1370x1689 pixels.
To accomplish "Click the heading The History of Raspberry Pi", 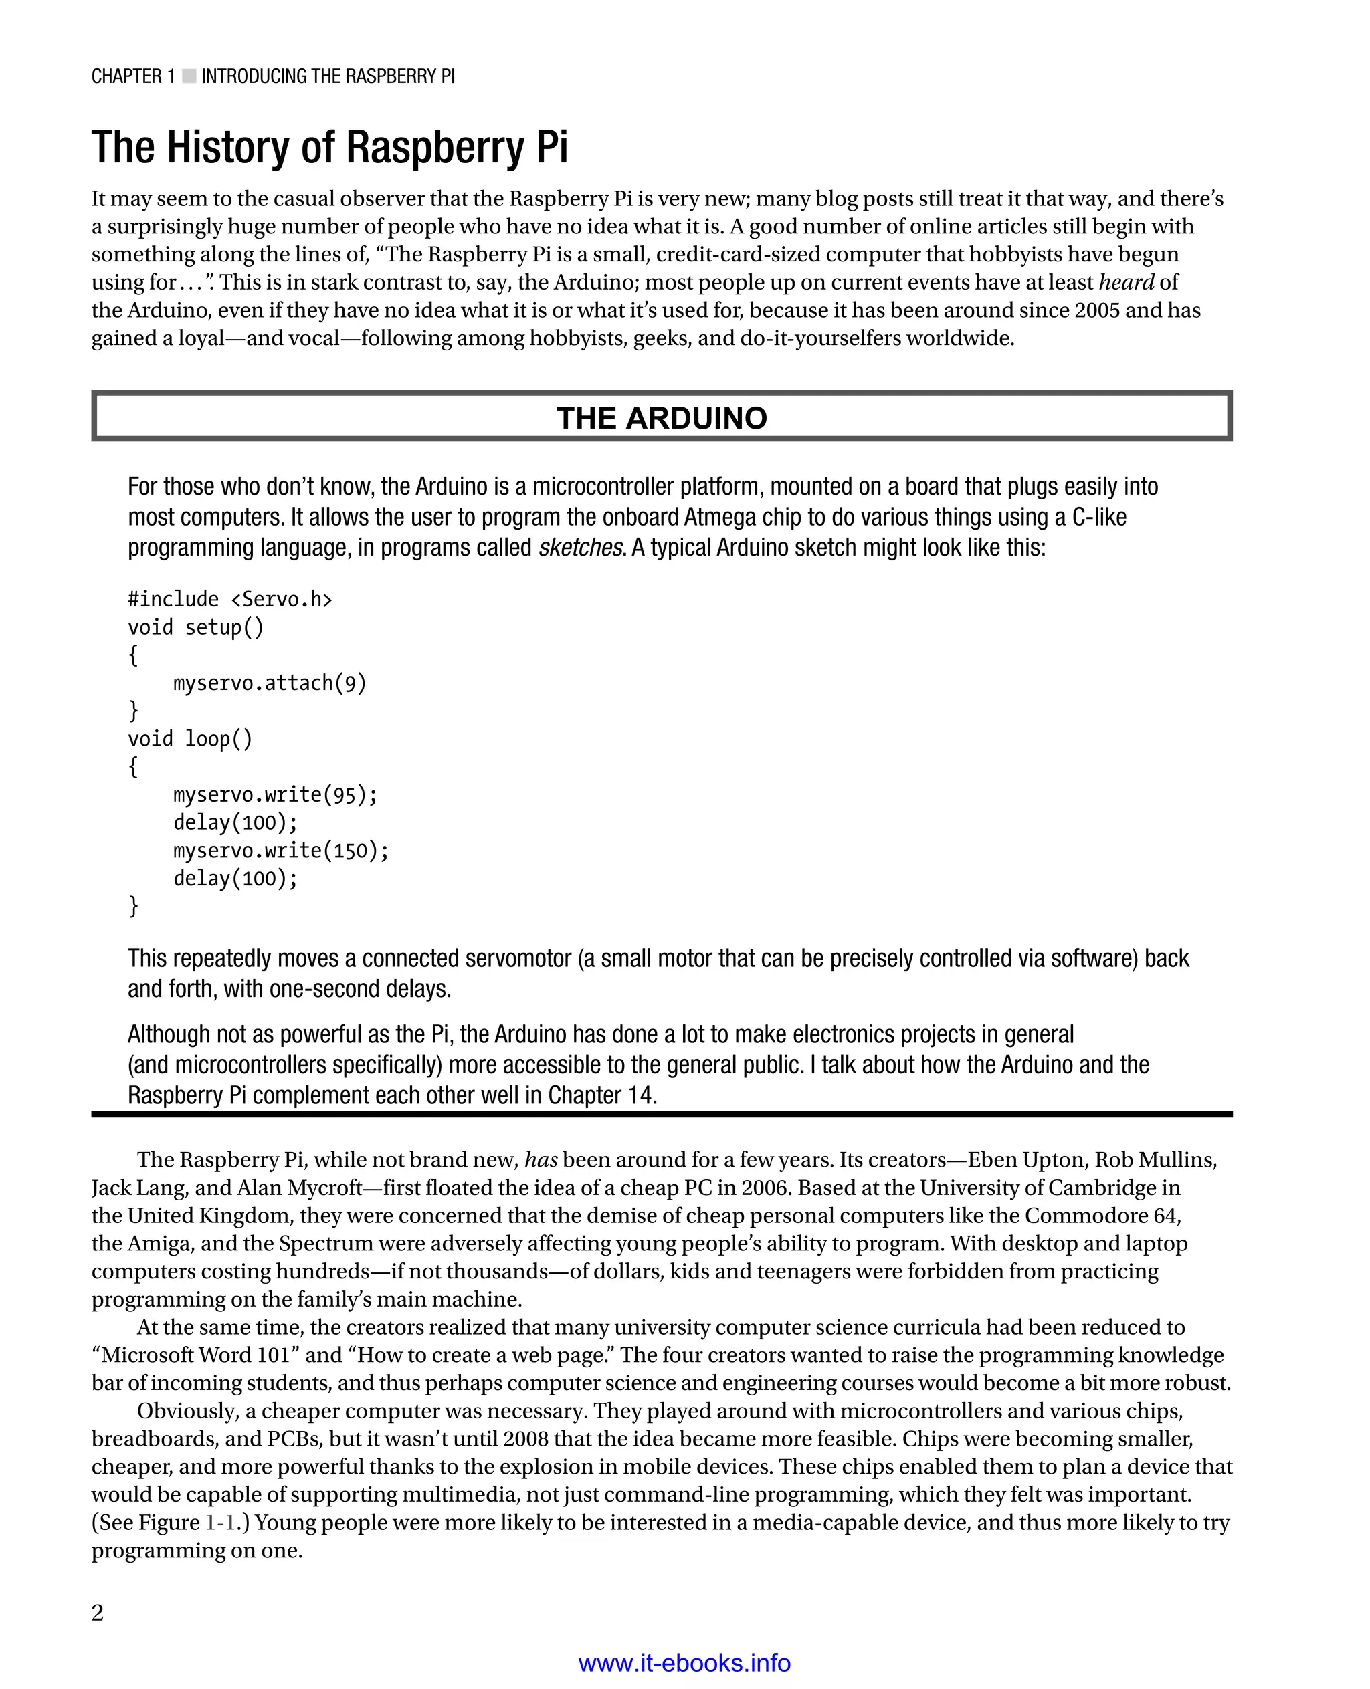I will [329, 148].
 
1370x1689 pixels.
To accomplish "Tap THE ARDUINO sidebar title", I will [662, 417].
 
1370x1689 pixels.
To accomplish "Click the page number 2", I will [98, 1613].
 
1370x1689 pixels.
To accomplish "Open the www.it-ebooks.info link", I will [684, 1662].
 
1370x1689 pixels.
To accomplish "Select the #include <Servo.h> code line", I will [229, 600].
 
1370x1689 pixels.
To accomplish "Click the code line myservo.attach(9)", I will [270, 683].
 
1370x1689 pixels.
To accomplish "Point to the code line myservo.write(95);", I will [276, 794].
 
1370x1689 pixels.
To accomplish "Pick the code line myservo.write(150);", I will [281, 851].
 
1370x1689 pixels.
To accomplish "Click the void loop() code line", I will [190, 739].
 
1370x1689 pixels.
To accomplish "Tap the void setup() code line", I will [196, 627].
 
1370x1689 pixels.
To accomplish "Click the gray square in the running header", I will [189, 76].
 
